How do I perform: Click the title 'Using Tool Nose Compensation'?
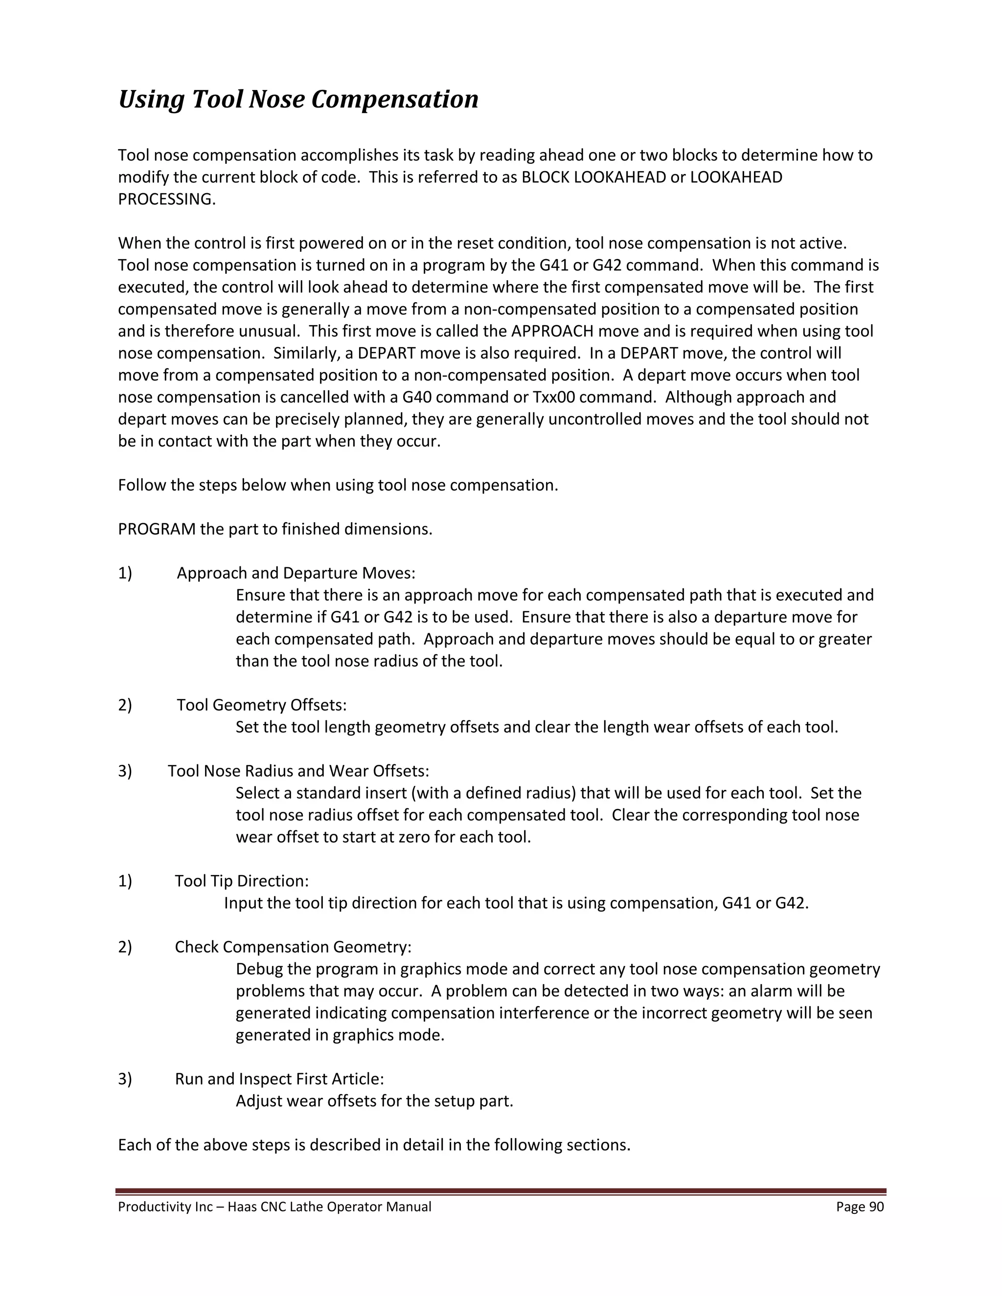pyautogui.click(x=298, y=99)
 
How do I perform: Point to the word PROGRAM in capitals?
pyautogui.click(x=157, y=529)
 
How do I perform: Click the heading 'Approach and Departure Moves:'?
pyautogui.click(x=296, y=573)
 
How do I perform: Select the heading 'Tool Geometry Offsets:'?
pyautogui.click(x=261, y=705)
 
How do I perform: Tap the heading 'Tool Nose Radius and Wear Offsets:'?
pyautogui.click(x=298, y=771)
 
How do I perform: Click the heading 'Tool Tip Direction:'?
pyautogui.click(x=242, y=881)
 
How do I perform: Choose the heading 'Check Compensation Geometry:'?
pyautogui.click(x=293, y=947)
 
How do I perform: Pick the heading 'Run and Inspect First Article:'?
pyautogui.click(x=279, y=1079)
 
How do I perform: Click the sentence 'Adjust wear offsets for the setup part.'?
pyautogui.click(x=374, y=1101)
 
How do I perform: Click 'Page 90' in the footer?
pyautogui.click(x=860, y=1207)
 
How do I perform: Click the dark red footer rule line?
pyautogui.click(x=501, y=1191)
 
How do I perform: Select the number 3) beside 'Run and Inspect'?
pyautogui.click(x=125, y=1079)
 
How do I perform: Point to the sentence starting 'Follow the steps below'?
pyautogui.click(x=338, y=486)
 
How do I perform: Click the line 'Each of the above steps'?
pyautogui.click(x=373, y=1145)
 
